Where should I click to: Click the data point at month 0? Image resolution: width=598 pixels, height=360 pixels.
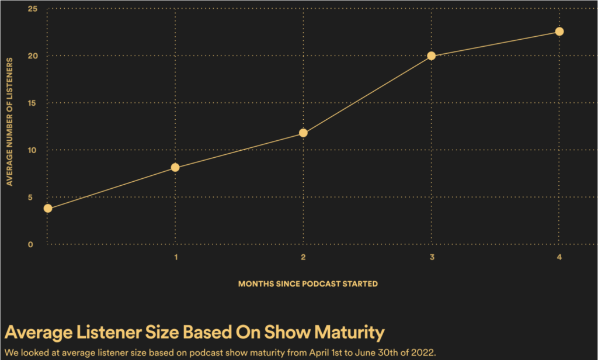(48, 208)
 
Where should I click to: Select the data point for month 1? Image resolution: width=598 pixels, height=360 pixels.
(175, 168)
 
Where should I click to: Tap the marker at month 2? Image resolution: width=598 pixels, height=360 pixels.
(303, 133)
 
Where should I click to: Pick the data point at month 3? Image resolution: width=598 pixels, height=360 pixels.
(431, 56)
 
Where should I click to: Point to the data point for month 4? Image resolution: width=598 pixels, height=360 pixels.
(559, 32)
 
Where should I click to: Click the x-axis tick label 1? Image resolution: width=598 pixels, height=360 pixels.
(176, 258)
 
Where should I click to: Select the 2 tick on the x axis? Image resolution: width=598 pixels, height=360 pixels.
(303, 258)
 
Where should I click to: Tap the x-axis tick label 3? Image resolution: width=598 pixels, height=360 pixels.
(431, 258)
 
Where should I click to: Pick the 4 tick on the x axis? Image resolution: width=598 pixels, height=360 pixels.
(559, 258)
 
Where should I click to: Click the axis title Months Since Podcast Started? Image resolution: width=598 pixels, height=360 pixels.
(308, 284)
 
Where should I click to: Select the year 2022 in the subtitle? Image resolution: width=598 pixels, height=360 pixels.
(423, 352)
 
